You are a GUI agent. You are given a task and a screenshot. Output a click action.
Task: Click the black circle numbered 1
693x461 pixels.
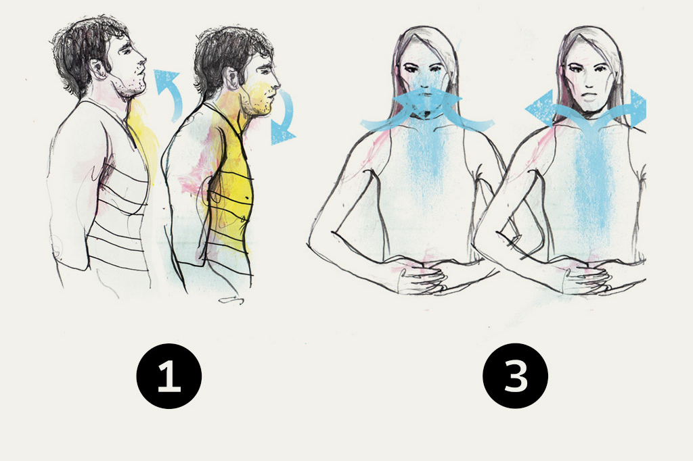click(x=169, y=376)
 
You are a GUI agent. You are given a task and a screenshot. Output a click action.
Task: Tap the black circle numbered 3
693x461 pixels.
click(x=515, y=376)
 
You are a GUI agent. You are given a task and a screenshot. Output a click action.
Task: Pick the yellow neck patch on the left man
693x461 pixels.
click(x=141, y=132)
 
